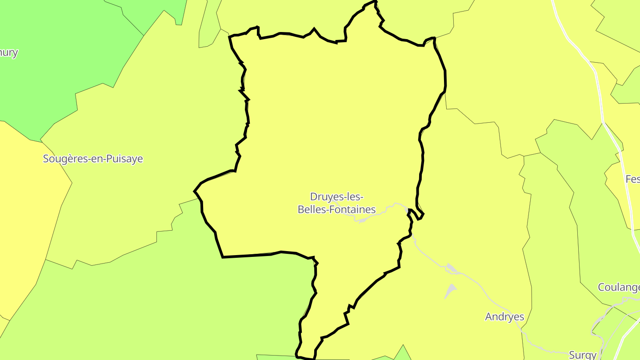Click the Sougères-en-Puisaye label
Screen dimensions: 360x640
click(93, 159)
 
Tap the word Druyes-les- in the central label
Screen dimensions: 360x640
click(337, 196)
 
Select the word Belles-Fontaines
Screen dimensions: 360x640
click(336, 209)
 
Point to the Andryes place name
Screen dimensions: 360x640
click(504, 317)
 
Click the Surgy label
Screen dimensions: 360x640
click(582, 355)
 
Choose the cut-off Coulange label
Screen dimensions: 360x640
click(619, 287)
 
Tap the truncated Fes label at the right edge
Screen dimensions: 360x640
click(632, 179)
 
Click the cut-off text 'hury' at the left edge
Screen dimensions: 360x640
click(9, 52)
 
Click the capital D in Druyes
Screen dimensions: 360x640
click(313, 196)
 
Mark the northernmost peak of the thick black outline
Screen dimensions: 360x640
click(375, 2)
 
